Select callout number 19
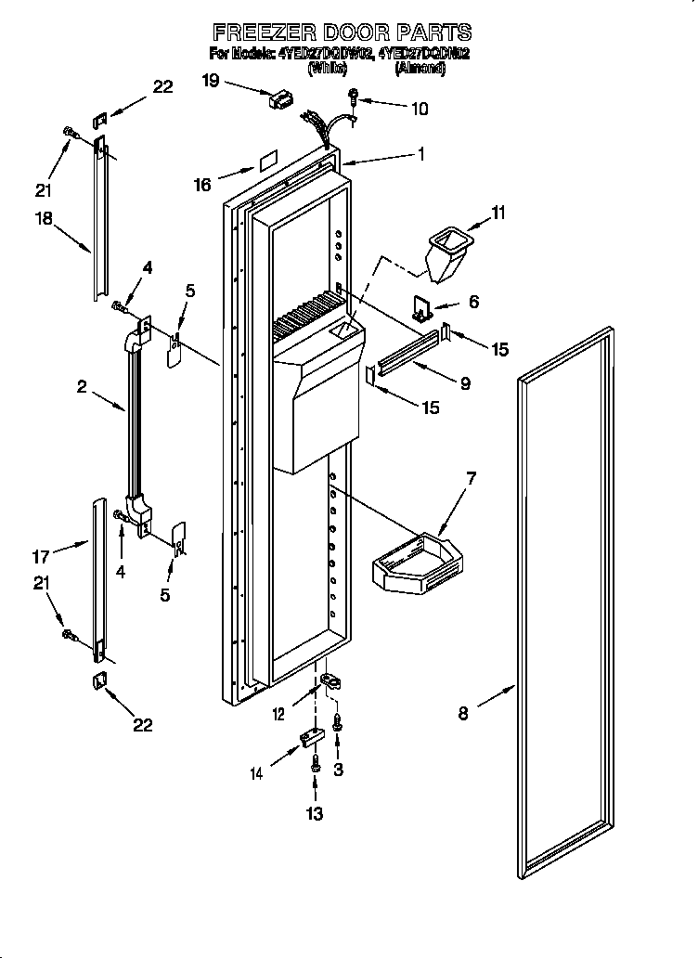click(x=210, y=81)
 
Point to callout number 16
click(x=202, y=185)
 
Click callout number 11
click(x=498, y=214)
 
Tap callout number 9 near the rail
click(x=464, y=382)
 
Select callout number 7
click(x=471, y=479)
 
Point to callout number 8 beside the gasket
click(x=463, y=713)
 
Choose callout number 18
click(x=43, y=221)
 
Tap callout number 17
click(x=41, y=557)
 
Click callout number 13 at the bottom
click(x=315, y=814)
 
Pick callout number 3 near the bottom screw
click(x=339, y=769)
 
